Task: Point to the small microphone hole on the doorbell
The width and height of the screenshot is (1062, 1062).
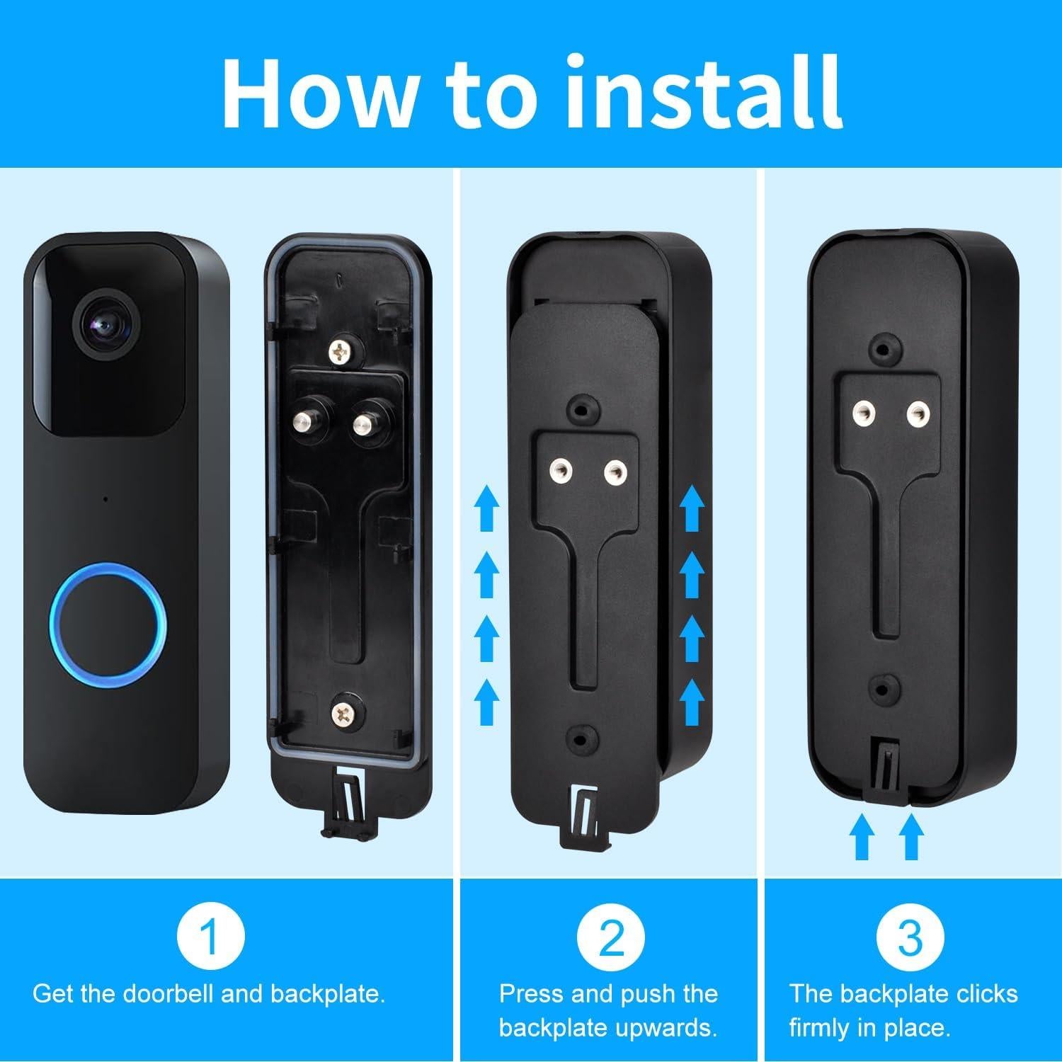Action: pos(105,500)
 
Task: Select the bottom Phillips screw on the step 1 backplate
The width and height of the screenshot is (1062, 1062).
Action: pos(345,709)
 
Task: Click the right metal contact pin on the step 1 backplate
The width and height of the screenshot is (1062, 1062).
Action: pos(362,423)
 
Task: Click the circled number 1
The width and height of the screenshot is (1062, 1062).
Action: pos(210,936)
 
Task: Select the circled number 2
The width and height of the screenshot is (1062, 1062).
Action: pos(611,936)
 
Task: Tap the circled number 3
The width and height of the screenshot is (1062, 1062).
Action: pos(910,936)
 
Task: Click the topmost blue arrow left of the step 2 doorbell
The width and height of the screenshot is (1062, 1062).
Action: pos(486,506)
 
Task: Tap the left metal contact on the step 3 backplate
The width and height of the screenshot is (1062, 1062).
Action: pos(863,409)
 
